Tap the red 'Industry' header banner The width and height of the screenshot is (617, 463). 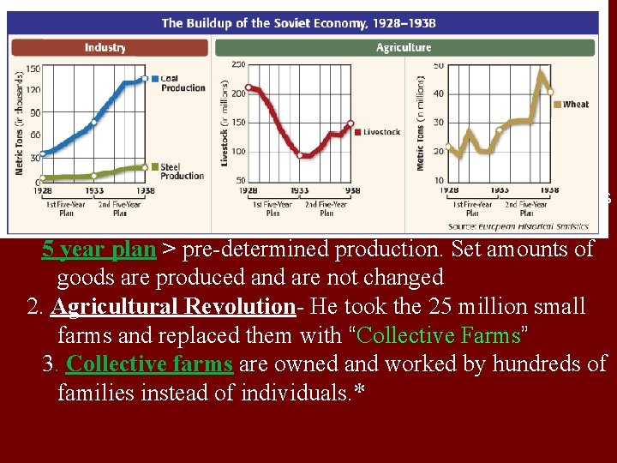[106, 48]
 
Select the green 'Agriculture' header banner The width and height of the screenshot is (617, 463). [404, 48]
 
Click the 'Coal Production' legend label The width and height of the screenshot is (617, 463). [183, 82]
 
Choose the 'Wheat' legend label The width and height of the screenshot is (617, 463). [575, 105]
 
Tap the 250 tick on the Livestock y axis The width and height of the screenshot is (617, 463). [238, 64]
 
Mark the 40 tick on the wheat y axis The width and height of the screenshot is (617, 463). [438, 94]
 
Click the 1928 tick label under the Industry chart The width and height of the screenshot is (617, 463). [45, 190]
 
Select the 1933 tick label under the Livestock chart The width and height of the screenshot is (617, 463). [300, 190]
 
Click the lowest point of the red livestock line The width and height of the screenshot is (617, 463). [300, 155]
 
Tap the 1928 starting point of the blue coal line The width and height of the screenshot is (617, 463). [44, 153]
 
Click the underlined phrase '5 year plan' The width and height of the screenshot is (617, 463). [99, 250]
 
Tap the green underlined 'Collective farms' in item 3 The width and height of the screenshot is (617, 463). [149, 364]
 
